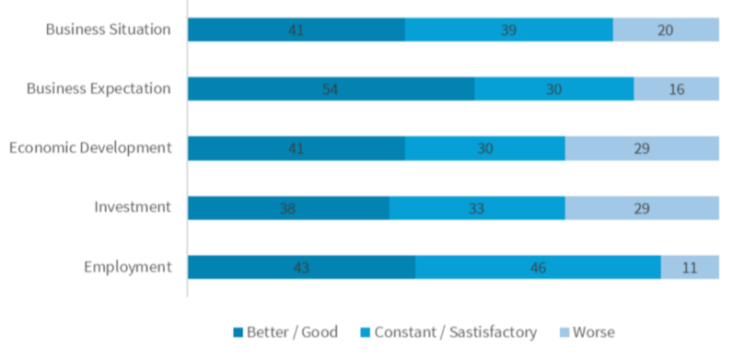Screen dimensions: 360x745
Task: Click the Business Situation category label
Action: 109,29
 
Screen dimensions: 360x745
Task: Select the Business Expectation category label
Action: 99,88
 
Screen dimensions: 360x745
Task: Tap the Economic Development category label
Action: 89,147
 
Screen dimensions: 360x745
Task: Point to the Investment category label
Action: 133,206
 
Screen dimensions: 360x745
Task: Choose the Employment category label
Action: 128,267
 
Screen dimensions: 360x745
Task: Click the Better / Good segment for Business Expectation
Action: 331,88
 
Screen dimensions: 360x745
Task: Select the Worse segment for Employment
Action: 690,267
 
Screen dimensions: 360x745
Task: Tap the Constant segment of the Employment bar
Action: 538,267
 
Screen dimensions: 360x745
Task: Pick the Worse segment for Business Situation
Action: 666,29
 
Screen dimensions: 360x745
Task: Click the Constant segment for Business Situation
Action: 508,29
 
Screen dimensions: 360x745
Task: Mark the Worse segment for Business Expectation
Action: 676,88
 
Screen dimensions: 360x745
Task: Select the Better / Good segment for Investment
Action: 288,207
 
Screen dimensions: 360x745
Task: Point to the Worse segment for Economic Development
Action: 642,147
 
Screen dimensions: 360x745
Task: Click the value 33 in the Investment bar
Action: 477,208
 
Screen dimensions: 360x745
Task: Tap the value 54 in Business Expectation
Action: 331,89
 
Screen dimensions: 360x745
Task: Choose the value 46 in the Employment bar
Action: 538,268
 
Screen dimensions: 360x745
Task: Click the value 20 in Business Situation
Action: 666,30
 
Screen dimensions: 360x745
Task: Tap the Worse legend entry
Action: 586,331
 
